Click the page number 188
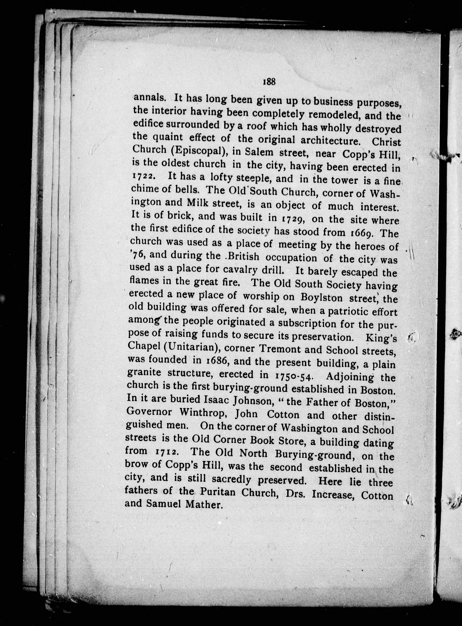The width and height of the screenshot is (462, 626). [x=269, y=82]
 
